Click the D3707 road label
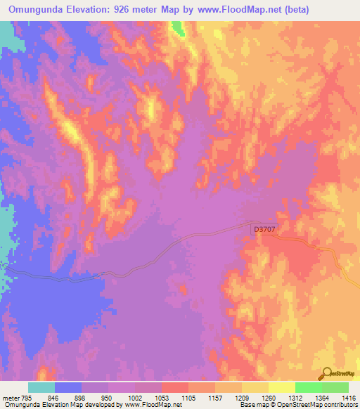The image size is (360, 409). [264, 229]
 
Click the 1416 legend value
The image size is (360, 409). [348, 397]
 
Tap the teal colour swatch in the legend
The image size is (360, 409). [41, 387]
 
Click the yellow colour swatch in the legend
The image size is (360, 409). [281, 387]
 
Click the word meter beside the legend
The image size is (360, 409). [11, 397]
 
